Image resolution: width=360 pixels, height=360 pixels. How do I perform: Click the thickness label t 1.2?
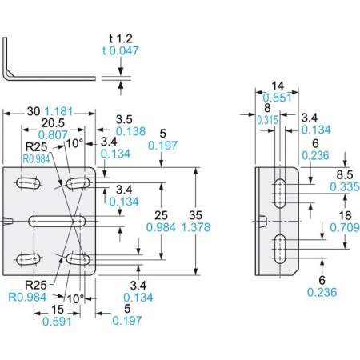[x=121, y=39]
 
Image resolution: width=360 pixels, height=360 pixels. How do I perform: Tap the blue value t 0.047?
[x=121, y=50]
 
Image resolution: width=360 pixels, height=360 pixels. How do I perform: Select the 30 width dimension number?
[x=34, y=111]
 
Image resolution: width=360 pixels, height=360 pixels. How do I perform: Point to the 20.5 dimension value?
[x=53, y=123]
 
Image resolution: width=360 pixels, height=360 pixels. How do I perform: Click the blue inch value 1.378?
[x=196, y=227]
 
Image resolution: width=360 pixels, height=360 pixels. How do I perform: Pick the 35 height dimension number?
[x=196, y=215]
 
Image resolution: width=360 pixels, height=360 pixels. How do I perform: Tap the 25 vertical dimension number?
[x=161, y=215]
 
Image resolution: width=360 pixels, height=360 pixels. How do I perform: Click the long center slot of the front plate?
[x=57, y=222]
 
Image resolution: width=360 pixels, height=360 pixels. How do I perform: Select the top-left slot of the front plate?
[x=28, y=183]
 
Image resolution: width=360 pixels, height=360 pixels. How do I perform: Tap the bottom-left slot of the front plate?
[x=28, y=259]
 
